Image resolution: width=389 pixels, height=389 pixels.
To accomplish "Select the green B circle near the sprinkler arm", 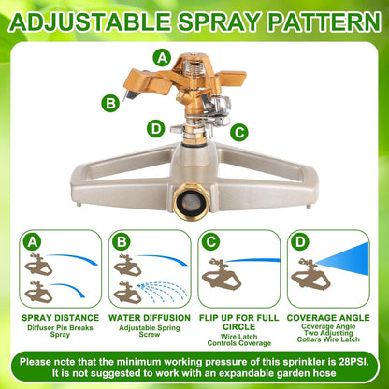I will tap(111, 103).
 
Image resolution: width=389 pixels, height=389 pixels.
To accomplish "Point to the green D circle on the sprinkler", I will tap(155, 128).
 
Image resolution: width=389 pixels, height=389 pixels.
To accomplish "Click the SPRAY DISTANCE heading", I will tap(61, 318).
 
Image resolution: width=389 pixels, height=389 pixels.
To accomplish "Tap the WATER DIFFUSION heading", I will tap(150, 318).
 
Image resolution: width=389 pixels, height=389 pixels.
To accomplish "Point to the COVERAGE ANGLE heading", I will tap(328, 318).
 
